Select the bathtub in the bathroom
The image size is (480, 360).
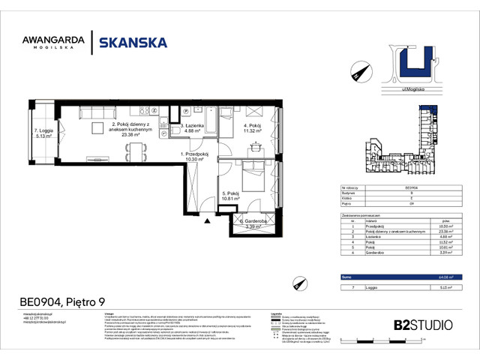226,119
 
